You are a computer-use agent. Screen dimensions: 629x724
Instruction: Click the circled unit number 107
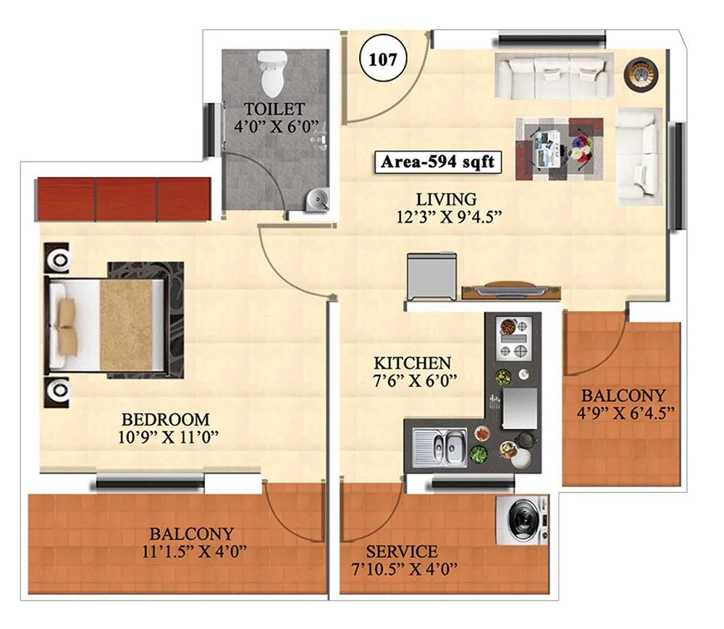383,59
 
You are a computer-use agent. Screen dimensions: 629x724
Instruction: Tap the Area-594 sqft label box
437,162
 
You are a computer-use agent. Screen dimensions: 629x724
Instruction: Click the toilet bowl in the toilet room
272,74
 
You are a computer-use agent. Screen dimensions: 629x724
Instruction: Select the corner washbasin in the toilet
316,198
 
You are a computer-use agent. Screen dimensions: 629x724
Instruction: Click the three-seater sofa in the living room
552,76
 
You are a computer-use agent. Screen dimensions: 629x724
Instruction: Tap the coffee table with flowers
559,149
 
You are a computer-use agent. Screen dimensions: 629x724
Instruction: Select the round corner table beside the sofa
639,73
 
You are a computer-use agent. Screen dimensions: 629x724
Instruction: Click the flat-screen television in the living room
511,289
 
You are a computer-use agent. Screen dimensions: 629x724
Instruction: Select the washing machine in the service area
521,520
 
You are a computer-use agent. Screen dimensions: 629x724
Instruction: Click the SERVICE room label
401,551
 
